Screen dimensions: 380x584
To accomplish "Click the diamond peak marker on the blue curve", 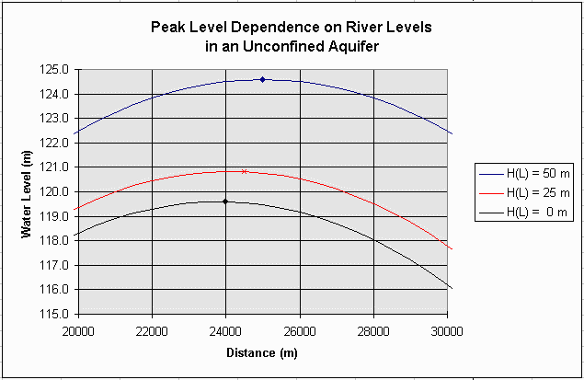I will tap(262, 79).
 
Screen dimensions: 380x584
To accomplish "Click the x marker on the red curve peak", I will tap(244, 171).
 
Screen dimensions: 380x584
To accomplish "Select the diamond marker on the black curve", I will tap(225, 201).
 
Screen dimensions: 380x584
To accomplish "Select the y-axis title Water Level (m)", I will tap(27, 192).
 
